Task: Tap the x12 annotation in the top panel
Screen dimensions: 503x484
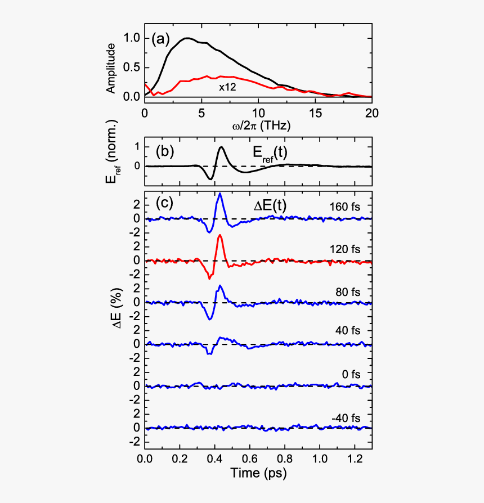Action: coord(228,87)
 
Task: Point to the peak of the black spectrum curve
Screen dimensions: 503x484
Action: coord(188,38)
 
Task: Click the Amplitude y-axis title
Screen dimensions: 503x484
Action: coord(111,68)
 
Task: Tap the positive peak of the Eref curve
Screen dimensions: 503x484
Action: coord(221,147)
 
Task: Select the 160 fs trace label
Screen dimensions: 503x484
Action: coord(346,206)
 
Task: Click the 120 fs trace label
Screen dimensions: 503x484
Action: coord(346,248)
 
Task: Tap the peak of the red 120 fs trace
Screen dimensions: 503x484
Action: coord(220,235)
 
